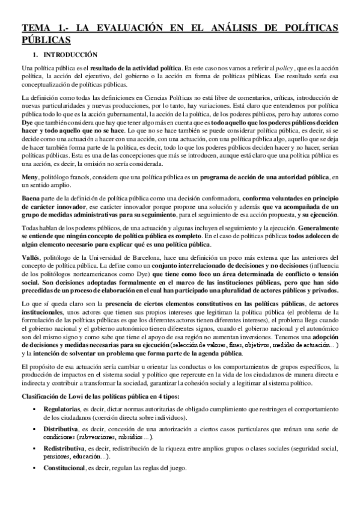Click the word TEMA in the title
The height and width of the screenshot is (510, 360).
click(x=35, y=27)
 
